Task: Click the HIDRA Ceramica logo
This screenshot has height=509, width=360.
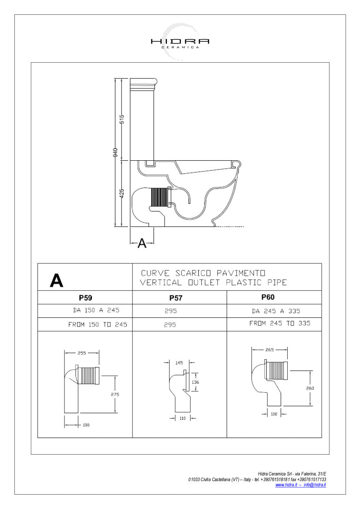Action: [180, 42]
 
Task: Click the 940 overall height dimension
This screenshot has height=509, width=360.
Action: [115, 152]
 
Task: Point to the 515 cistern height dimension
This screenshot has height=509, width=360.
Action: [122, 119]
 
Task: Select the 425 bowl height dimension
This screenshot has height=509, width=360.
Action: [122, 193]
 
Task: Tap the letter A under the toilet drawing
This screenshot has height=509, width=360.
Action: [142, 243]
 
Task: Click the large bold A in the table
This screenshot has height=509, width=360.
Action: [57, 281]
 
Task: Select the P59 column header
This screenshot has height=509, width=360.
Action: [85, 298]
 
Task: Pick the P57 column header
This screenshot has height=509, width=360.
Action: [176, 298]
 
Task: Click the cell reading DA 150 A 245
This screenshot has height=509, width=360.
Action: [96, 310]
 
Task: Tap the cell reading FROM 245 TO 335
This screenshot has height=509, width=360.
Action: [280, 324]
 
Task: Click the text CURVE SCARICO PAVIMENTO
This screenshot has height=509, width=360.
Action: [203, 273]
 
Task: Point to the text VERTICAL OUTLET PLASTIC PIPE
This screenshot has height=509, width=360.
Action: [213, 283]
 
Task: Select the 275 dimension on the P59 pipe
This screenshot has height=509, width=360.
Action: [115, 394]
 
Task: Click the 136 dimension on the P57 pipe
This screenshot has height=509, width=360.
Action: [196, 382]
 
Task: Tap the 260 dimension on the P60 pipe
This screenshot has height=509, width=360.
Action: [310, 388]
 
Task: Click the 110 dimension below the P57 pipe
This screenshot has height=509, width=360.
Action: [182, 418]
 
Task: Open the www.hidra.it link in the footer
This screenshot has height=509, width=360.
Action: [286, 485]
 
